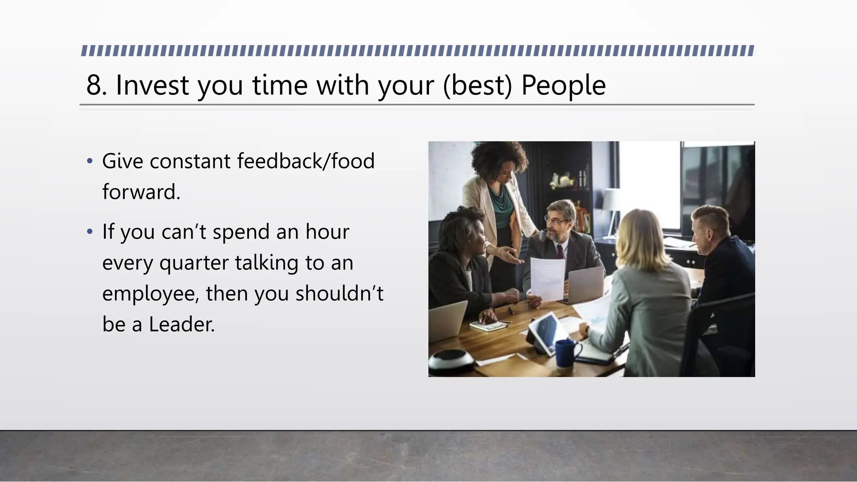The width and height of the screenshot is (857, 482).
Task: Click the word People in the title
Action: click(x=563, y=85)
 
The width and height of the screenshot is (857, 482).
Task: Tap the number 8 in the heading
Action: click(x=94, y=85)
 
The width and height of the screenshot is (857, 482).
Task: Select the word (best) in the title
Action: click(x=477, y=85)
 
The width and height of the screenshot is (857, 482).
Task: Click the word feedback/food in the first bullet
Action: click(x=305, y=161)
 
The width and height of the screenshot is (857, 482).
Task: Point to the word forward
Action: click(x=141, y=192)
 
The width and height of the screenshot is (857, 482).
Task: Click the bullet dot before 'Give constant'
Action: click(x=89, y=161)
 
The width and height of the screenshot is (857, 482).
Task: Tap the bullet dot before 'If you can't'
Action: click(x=89, y=231)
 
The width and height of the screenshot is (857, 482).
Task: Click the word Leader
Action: click(x=182, y=324)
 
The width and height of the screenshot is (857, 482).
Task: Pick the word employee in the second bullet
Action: click(x=151, y=294)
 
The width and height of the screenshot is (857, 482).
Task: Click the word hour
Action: click(x=327, y=231)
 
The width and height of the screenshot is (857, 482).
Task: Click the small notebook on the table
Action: click(x=488, y=325)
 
